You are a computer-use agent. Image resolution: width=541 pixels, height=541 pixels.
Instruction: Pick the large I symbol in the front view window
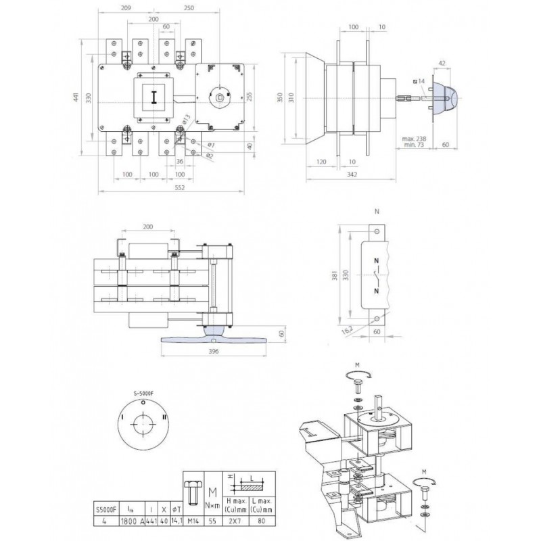click(154, 96)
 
